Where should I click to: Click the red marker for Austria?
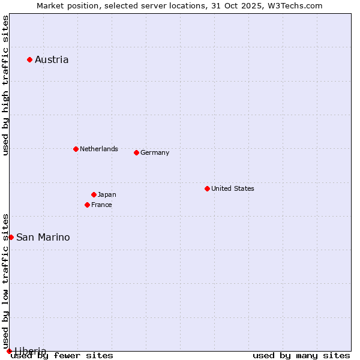point(29,59)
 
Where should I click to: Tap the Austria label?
point(52,59)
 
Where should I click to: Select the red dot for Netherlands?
point(76,149)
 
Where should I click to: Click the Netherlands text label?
point(99,149)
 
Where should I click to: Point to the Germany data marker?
point(136,152)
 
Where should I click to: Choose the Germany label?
point(155,152)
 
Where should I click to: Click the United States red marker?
point(207,188)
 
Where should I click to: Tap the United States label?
point(233,188)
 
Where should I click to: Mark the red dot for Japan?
point(94,194)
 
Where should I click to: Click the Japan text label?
point(107,194)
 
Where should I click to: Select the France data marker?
point(87,205)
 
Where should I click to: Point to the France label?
point(101,205)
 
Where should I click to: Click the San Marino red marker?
point(11,237)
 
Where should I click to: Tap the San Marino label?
point(43,237)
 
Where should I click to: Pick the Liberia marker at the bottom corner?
point(9,351)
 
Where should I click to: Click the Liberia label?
point(30,350)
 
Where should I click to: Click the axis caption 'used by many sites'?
point(301,355)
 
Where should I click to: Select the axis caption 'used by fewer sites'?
point(62,355)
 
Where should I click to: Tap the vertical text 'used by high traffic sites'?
point(5,85)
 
